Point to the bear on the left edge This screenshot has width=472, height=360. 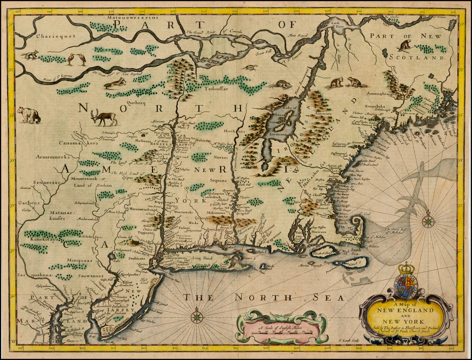coord(29,115)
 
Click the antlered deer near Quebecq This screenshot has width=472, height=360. coord(105,118)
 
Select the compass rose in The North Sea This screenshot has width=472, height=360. coord(197,317)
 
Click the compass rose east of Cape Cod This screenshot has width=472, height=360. coord(428,221)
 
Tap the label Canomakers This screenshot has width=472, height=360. coord(78,143)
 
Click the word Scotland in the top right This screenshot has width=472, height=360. coord(417,57)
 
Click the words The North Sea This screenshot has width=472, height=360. coord(265,297)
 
